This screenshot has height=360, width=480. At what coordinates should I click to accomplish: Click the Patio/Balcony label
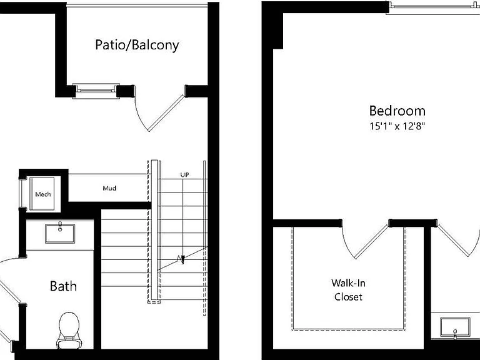[137, 45]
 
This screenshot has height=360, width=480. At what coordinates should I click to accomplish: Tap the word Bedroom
[397, 111]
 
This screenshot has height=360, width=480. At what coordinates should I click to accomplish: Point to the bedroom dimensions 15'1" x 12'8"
[397, 126]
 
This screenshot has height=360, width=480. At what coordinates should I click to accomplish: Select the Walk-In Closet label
[348, 289]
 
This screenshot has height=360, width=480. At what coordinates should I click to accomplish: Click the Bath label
[63, 286]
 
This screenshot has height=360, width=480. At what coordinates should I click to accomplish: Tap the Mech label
[43, 194]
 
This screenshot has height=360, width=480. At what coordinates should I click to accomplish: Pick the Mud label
[109, 188]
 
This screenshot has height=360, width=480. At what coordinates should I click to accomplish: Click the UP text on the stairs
[184, 174]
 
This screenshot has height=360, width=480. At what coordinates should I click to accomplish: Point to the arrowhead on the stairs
[182, 260]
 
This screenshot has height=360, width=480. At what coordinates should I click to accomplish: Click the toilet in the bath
[69, 330]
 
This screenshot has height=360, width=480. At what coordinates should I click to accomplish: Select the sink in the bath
[60, 234]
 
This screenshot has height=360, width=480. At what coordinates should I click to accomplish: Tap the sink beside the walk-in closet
[455, 327]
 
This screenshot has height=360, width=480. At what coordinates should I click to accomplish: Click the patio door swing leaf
[166, 113]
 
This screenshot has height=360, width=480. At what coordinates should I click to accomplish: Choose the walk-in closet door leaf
[372, 241]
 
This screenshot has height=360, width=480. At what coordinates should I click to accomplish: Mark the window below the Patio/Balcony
[96, 91]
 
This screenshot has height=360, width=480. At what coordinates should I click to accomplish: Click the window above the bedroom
[433, 7]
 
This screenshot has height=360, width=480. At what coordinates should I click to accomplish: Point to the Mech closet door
[22, 194]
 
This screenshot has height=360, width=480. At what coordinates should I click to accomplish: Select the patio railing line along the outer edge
[137, 5]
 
